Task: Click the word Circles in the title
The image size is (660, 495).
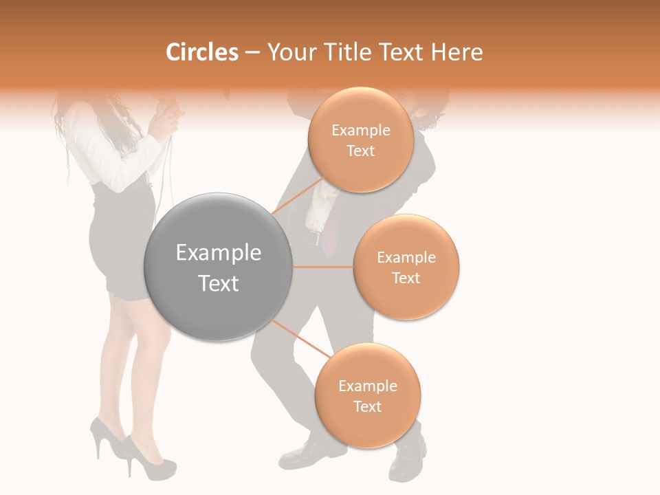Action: click(x=202, y=52)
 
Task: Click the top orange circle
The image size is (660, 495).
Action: click(x=360, y=140)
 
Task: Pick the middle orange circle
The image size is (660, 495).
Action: click(x=406, y=267)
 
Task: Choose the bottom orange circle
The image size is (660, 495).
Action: click(x=367, y=395)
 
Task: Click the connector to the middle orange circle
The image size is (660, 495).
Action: click(x=323, y=267)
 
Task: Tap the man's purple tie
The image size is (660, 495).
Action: click(x=330, y=234)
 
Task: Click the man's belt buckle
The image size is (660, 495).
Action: click(x=316, y=239)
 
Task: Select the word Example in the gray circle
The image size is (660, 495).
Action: click(x=219, y=253)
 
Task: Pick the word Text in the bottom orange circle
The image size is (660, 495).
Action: click(x=367, y=406)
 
